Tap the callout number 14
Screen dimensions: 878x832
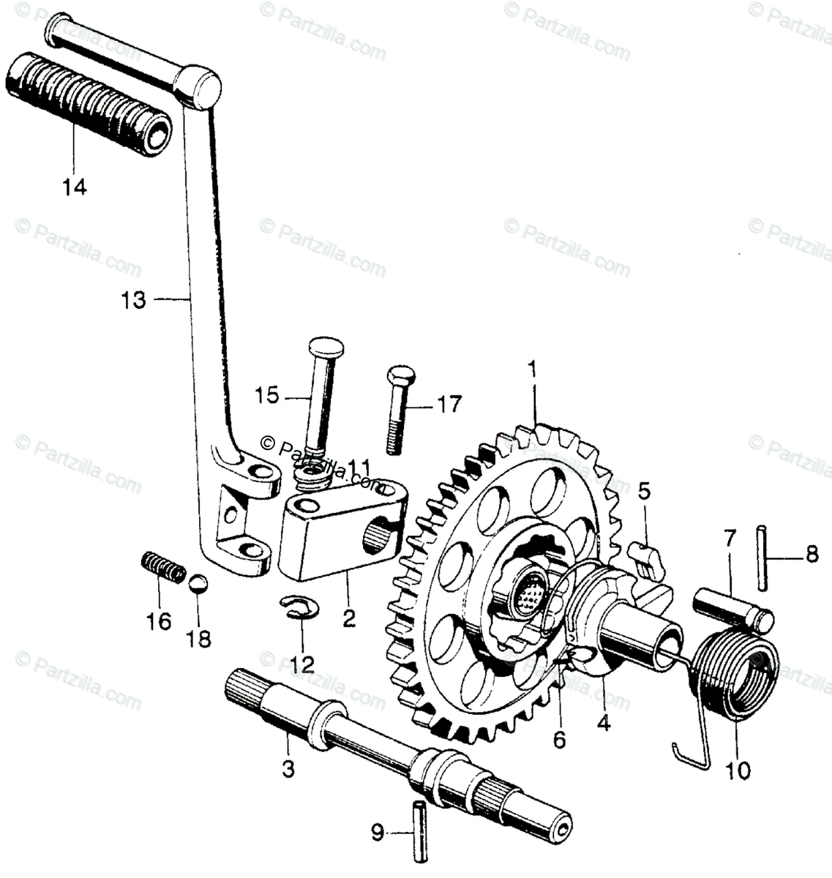click(x=74, y=187)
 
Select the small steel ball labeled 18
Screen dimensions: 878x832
click(x=198, y=585)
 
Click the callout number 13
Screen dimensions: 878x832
click(x=135, y=300)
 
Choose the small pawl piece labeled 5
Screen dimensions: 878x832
click(x=646, y=559)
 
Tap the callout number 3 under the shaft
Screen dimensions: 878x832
click(x=288, y=768)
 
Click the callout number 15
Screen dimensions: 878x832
click(x=268, y=396)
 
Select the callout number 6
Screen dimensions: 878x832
click(x=559, y=740)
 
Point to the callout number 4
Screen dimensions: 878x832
click(x=603, y=723)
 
